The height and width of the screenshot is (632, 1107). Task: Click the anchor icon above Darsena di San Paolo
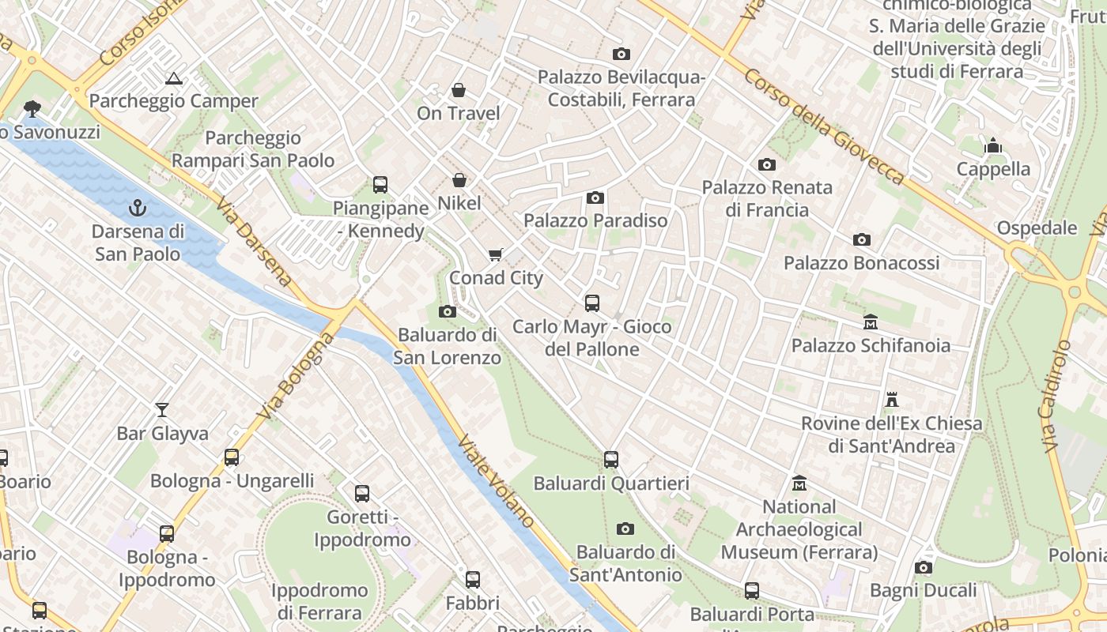tap(138, 208)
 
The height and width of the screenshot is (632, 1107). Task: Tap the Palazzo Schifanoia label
tap(871, 345)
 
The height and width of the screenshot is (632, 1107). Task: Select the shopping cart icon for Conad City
tap(496, 254)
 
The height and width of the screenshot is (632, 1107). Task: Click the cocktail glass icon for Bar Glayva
tap(162, 409)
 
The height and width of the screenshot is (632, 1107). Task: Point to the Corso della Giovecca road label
tap(825, 127)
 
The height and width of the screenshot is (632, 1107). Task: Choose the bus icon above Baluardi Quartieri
tap(610, 459)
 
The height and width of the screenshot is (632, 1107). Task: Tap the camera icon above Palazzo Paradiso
tap(595, 197)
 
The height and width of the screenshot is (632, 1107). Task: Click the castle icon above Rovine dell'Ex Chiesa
tap(892, 400)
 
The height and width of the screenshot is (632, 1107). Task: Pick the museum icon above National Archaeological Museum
tap(799, 483)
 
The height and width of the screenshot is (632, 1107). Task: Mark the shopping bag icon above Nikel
tap(459, 180)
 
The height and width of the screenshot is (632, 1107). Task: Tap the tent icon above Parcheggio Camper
tap(174, 78)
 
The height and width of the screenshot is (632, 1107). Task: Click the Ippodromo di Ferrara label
tap(319, 601)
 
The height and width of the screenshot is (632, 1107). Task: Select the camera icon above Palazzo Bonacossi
tap(861, 239)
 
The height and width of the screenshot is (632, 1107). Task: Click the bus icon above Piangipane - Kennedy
tap(380, 185)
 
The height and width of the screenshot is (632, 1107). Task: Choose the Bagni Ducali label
tap(924, 590)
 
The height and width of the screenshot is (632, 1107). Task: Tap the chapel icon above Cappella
tap(993, 146)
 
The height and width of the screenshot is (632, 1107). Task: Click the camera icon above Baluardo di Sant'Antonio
tap(625, 529)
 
